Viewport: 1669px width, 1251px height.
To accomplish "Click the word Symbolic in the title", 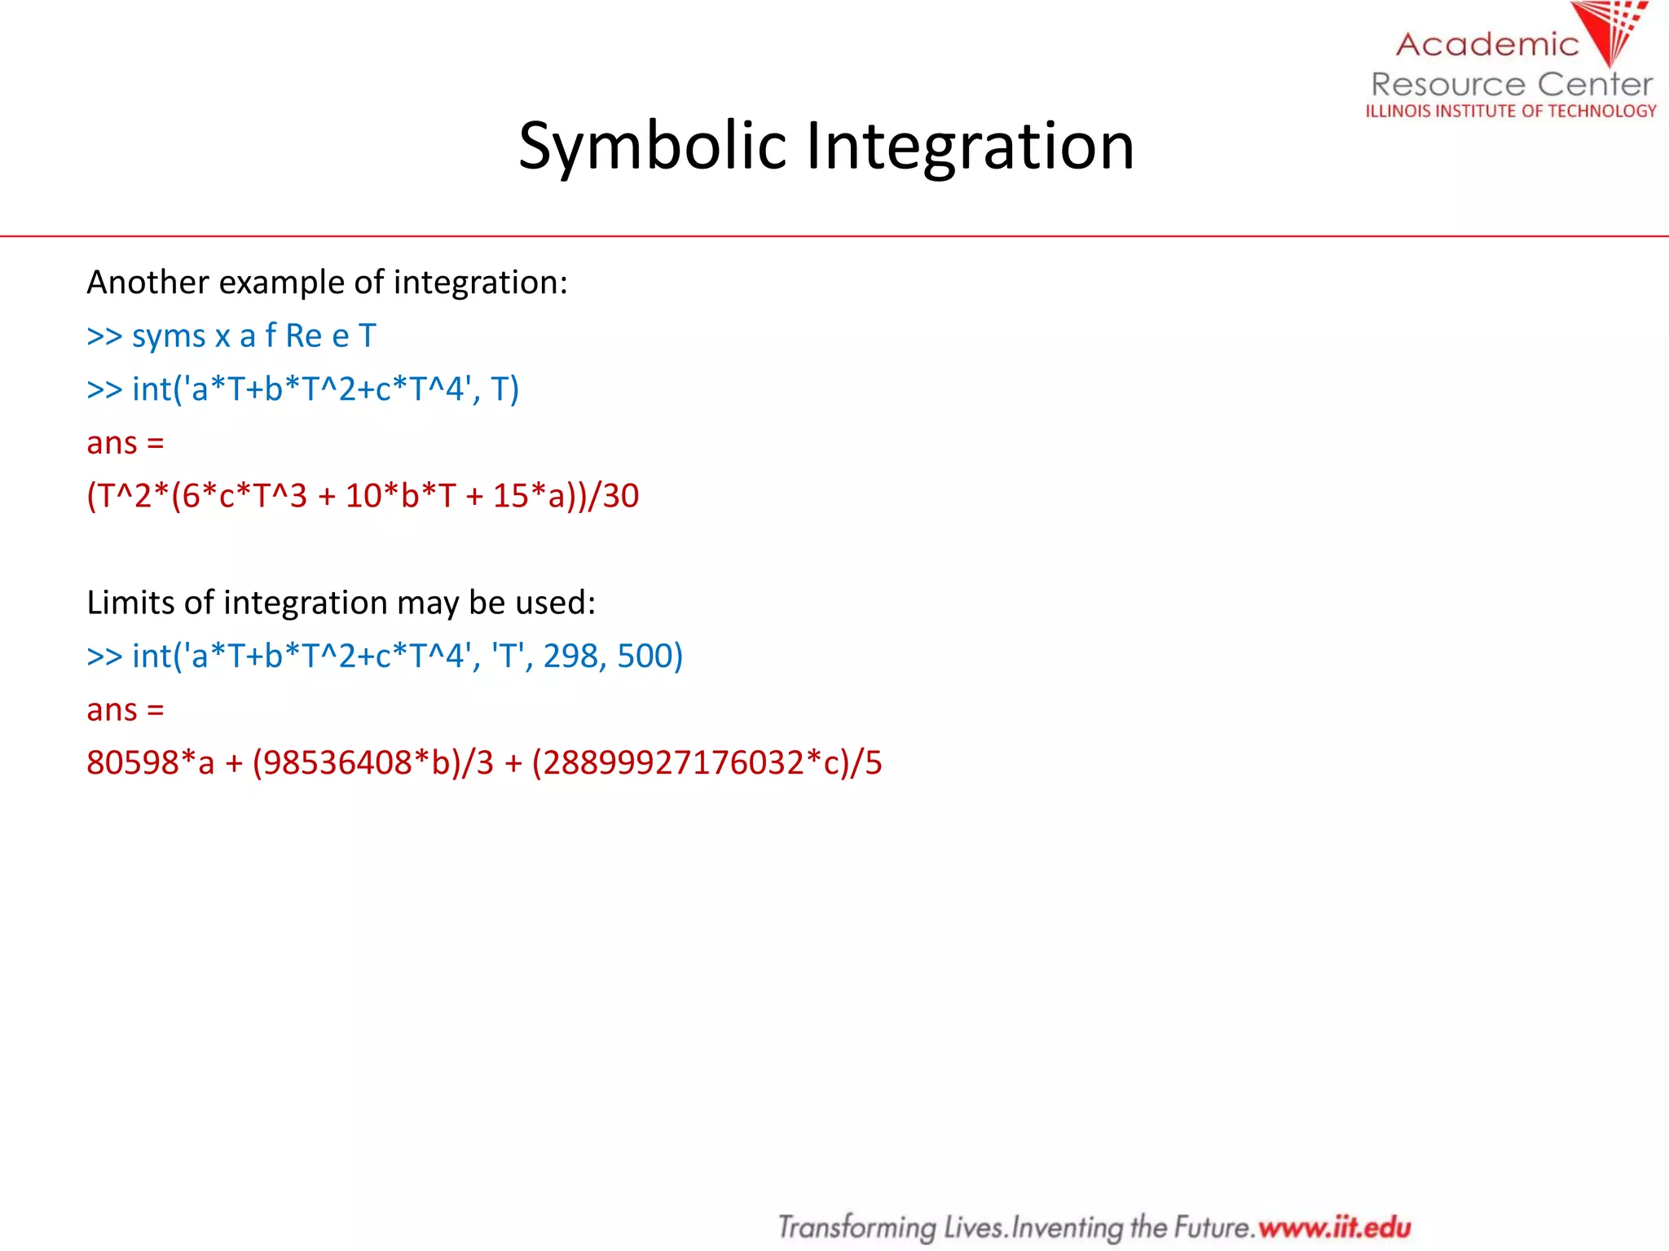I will [x=652, y=147].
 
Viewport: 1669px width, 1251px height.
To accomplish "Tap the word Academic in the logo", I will [x=1487, y=44].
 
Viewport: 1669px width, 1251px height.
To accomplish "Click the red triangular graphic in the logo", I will [x=1610, y=31].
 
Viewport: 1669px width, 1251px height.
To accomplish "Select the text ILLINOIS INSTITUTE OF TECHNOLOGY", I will [x=1511, y=111].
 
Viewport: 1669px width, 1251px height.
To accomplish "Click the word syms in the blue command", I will [x=169, y=336].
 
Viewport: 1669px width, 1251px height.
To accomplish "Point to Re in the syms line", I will [x=303, y=336].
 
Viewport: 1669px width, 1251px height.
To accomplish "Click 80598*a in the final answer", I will [x=150, y=763].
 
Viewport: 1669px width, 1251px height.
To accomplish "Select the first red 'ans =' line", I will [x=126, y=443].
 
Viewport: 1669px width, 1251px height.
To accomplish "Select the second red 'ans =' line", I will [x=126, y=710].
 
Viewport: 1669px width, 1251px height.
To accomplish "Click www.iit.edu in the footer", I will [x=1334, y=1227].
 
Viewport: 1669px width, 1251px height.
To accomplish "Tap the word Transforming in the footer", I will [x=857, y=1227].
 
